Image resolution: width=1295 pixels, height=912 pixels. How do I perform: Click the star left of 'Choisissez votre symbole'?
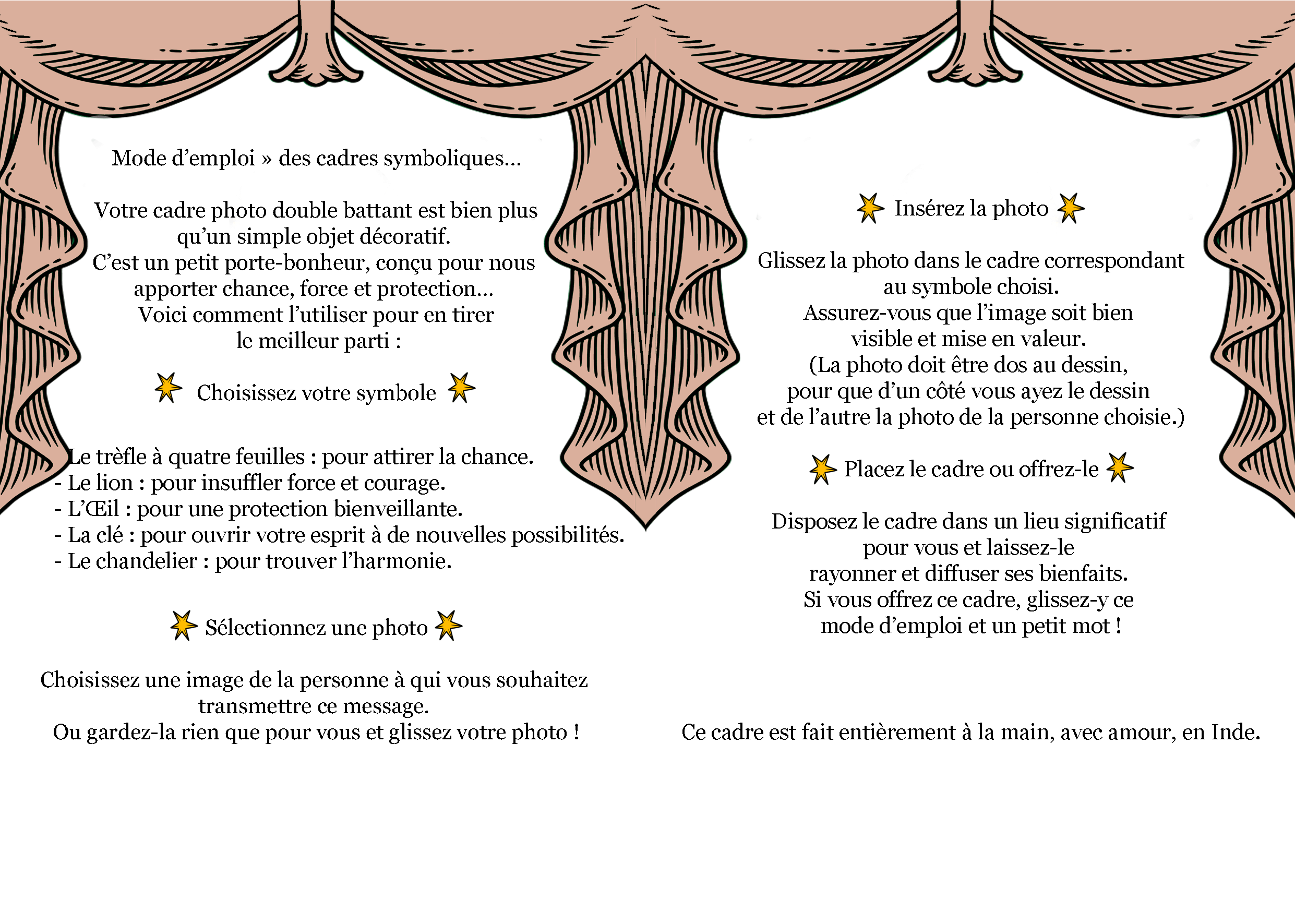[x=168, y=388]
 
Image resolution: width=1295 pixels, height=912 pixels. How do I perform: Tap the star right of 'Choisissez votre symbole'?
[x=461, y=388]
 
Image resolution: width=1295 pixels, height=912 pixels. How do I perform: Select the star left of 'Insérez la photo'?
[x=870, y=208]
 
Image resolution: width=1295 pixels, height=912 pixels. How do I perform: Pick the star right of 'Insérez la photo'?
[x=1071, y=208]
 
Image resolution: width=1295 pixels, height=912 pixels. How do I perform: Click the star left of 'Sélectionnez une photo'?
[x=183, y=626]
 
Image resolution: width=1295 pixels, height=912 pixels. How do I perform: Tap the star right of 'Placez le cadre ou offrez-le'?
[x=1120, y=467]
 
